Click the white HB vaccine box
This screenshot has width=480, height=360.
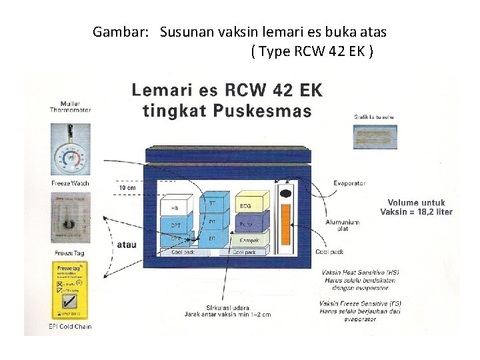point(175,208)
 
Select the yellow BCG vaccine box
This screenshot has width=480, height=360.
point(246,206)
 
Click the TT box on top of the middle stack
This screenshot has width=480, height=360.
point(212,203)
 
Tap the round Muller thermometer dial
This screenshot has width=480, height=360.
point(70,158)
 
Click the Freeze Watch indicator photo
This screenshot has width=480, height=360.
point(70,217)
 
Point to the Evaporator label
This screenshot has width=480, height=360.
point(349,184)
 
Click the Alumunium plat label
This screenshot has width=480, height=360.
point(342,225)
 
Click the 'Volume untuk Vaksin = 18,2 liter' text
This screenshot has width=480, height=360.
point(416,207)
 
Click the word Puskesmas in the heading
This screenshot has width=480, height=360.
point(269,111)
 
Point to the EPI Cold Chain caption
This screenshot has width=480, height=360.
point(70,327)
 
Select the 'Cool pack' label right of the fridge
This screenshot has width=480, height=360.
point(329,252)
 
